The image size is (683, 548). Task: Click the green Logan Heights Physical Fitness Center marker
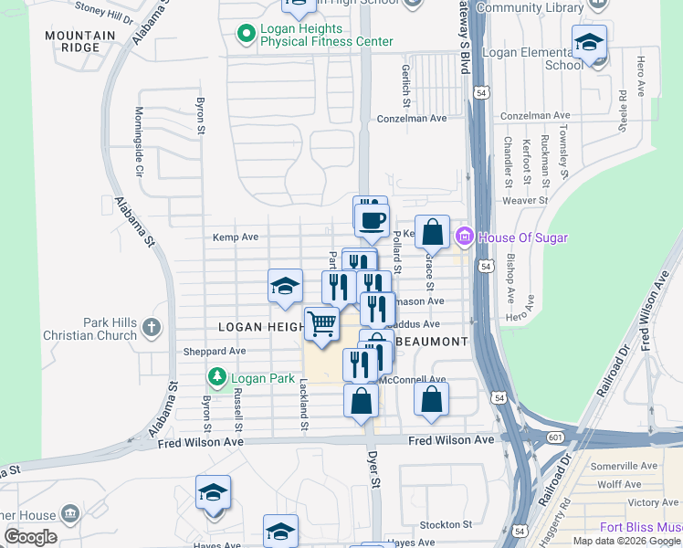pos(246,35)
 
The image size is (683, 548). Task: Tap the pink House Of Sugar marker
pos(464,237)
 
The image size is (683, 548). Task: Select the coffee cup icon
pos(372,220)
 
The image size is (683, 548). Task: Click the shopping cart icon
pos(320,324)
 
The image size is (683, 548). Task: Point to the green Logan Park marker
pos(216,375)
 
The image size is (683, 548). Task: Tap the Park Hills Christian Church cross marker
pos(152,326)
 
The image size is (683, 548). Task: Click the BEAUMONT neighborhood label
pos(432,341)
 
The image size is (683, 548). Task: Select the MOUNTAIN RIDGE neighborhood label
pos(83,42)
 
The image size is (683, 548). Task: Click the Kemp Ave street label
pos(236,237)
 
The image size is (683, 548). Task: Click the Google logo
pos(30,537)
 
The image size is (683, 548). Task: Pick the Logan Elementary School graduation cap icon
pos(589,42)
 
